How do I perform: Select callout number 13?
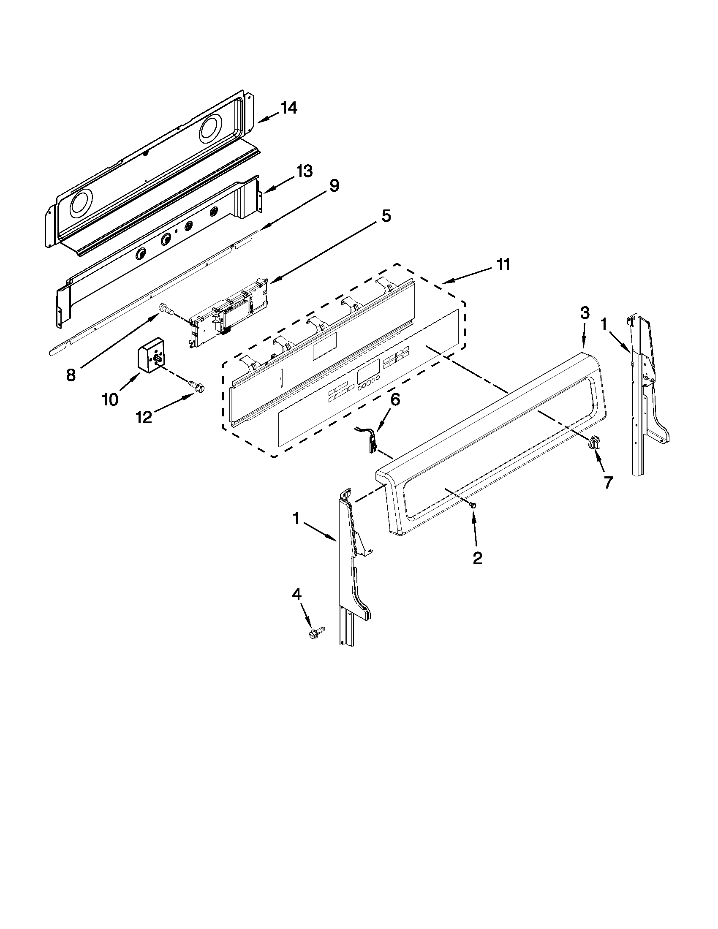[305, 171]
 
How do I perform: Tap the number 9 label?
[334, 186]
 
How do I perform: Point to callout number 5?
[385, 216]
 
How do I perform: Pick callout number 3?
[585, 313]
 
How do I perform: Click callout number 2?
[477, 558]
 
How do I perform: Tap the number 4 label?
[296, 594]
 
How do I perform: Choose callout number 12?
[144, 418]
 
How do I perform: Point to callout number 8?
[71, 375]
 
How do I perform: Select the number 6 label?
[395, 399]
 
